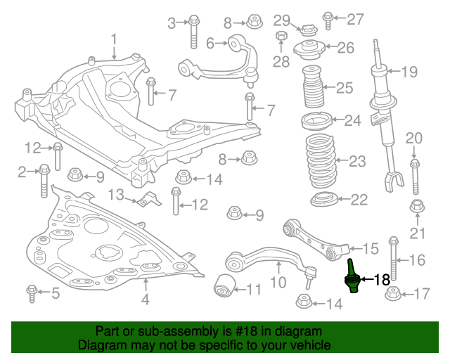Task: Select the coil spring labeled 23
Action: (x=323, y=161)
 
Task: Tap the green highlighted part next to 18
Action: (x=352, y=276)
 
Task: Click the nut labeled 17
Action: (x=393, y=292)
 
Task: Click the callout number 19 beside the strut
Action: (x=409, y=71)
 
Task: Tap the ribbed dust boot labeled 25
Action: (x=315, y=88)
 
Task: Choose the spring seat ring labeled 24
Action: (x=316, y=121)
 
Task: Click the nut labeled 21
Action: (x=416, y=207)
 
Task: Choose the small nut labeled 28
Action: (x=281, y=37)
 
